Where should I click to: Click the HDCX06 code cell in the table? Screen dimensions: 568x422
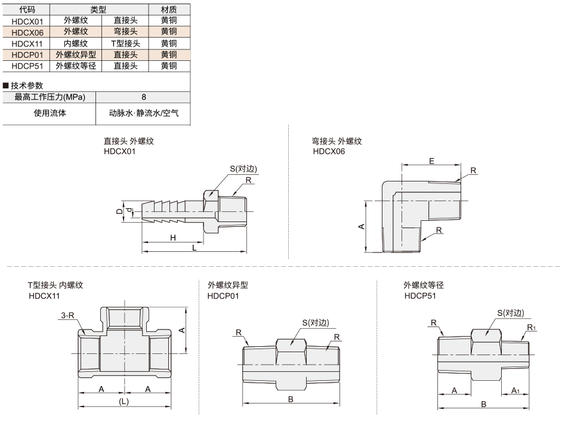tap(27, 32)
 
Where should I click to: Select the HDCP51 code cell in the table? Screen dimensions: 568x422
tap(27, 66)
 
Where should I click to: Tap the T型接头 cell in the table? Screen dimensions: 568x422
tap(125, 44)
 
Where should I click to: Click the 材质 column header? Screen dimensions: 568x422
tap(169, 10)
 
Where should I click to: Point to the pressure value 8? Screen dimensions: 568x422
tap(144, 97)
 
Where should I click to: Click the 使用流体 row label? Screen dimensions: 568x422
tap(50, 113)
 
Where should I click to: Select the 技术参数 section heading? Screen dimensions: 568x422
tap(27, 85)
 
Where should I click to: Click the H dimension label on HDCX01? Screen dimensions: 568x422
tap(173, 238)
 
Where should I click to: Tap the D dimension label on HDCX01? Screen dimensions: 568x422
tap(119, 211)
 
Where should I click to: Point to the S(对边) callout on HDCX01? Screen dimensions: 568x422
tap(243, 168)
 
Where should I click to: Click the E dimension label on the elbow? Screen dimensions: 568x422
tap(431, 161)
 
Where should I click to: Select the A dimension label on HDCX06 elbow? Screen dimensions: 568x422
tap(361, 227)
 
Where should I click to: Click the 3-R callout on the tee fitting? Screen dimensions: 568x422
tap(67, 315)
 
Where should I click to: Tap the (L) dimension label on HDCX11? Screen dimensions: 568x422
tap(124, 402)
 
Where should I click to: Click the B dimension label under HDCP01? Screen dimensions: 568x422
tap(291, 399)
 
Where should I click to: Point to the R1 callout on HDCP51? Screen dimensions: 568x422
tap(532, 328)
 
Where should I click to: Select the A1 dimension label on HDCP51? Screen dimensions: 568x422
tap(515, 390)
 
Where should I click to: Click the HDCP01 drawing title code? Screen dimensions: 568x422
tap(223, 296)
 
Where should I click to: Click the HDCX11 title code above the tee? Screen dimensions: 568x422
tap(44, 296)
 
